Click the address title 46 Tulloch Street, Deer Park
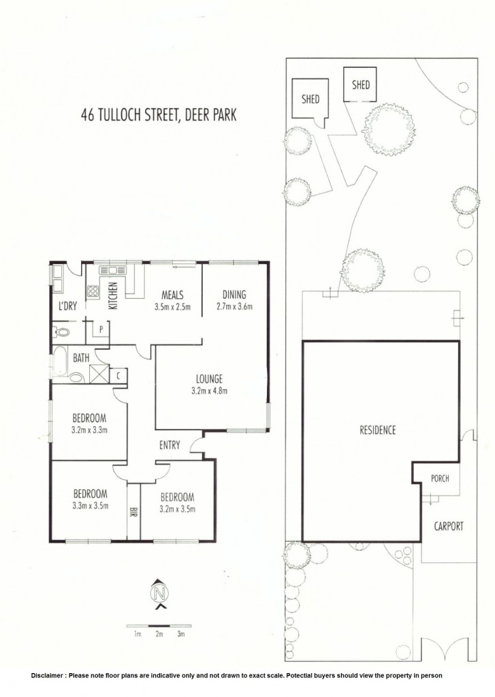[159, 114]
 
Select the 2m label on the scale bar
[159, 634]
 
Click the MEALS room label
[172, 295]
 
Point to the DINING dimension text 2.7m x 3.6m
[234, 306]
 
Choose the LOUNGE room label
[210, 379]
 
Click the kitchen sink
[113, 270]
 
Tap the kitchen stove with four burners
[93, 291]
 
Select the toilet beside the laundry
[61, 331]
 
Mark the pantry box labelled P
[101, 329]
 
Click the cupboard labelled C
[118, 376]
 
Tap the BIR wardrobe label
[133, 512]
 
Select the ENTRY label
[170, 445]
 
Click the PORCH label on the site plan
[440, 479]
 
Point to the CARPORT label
[449, 526]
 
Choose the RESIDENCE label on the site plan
[378, 430]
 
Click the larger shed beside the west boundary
[310, 99]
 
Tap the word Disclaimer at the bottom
[47, 675]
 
